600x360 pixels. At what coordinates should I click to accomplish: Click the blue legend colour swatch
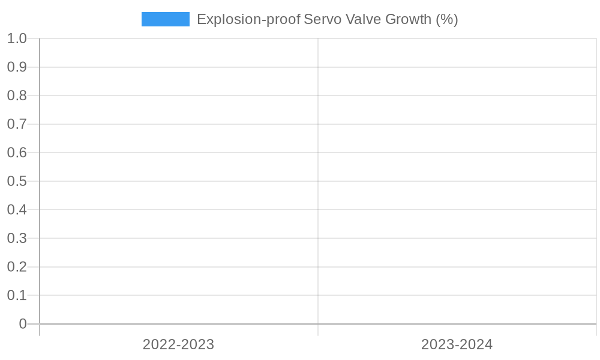click(x=165, y=19)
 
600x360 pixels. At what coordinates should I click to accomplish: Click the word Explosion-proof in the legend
click(x=248, y=19)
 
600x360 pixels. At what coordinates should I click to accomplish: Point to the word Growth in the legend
click(x=408, y=19)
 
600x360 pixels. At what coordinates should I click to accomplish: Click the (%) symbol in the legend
click(x=447, y=19)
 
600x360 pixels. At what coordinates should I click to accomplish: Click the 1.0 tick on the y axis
click(x=17, y=38)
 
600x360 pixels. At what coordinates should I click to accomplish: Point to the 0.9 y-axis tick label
click(x=17, y=67)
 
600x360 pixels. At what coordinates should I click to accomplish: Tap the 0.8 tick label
click(x=17, y=95)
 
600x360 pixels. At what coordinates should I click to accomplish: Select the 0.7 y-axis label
click(x=17, y=124)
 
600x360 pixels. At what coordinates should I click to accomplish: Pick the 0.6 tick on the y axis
click(x=17, y=152)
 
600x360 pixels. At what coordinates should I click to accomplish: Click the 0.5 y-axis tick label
click(x=17, y=181)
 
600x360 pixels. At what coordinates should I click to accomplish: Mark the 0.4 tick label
click(x=17, y=209)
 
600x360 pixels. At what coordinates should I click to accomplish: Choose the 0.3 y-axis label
click(x=17, y=238)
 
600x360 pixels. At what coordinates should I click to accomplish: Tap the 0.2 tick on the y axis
click(x=17, y=266)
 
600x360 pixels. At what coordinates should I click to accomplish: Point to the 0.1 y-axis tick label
click(x=17, y=295)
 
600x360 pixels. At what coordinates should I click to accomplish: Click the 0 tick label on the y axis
click(x=23, y=324)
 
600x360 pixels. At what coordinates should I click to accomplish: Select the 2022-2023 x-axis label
click(x=178, y=344)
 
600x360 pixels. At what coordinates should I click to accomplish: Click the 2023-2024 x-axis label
click(x=457, y=344)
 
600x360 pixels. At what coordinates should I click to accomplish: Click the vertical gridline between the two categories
click(x=318, y=180)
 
